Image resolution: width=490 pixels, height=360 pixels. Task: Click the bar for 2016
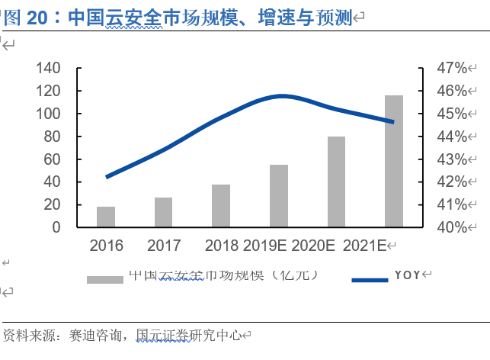106,217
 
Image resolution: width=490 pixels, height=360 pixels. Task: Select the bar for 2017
164,213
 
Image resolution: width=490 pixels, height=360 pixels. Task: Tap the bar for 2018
221,206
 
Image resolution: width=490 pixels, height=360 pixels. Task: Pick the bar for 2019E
279,196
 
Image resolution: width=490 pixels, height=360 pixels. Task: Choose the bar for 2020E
336,182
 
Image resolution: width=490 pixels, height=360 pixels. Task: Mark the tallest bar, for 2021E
394,162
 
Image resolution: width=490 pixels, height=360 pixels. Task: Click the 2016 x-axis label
106,246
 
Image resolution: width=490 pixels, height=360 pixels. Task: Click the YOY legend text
407,275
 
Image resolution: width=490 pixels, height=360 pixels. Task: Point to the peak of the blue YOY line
283,95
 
